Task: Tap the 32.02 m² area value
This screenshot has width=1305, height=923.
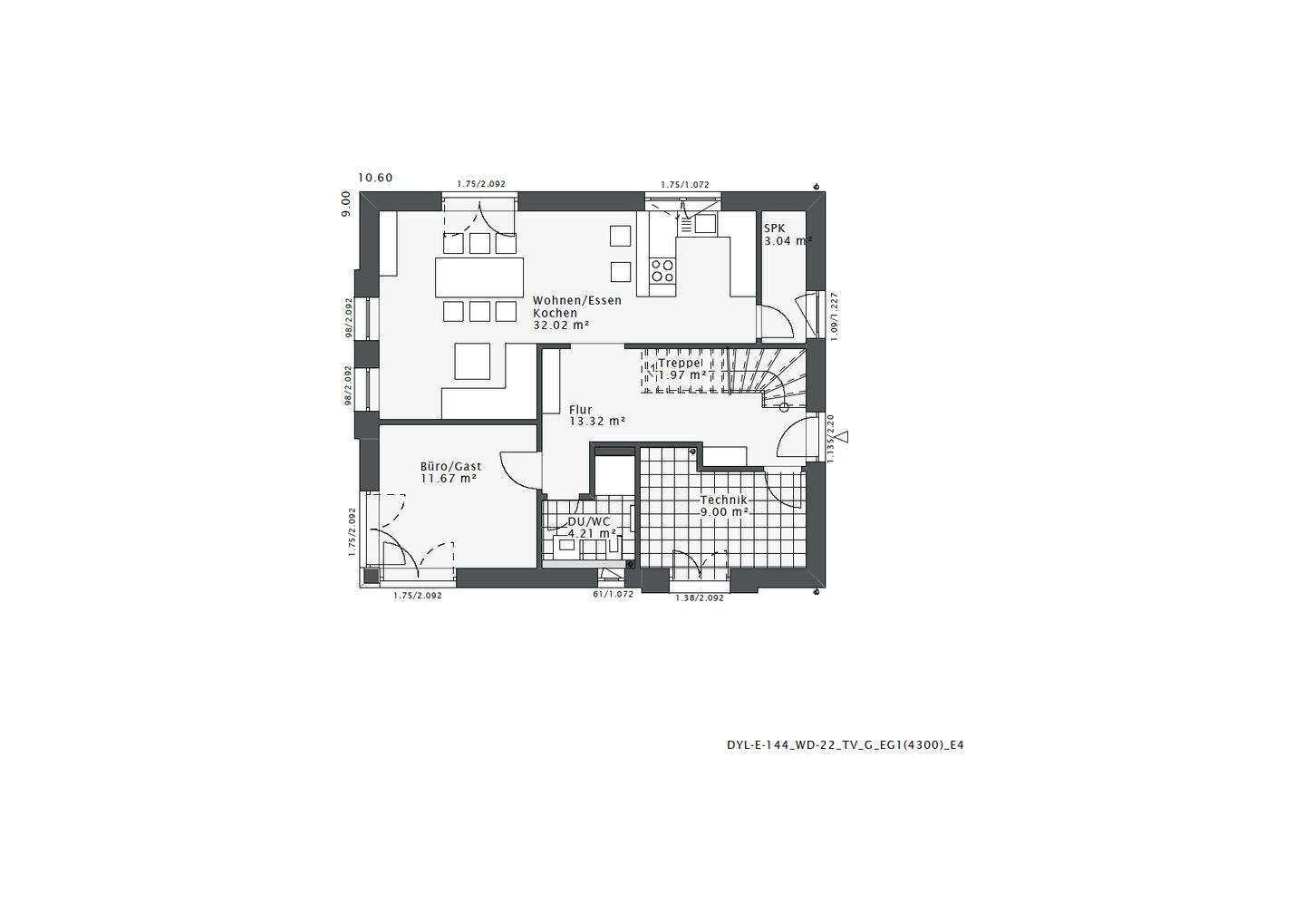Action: tap(561, 325)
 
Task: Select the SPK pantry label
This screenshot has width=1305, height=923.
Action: tap(774, 228)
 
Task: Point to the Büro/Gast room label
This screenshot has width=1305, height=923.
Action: tap(450, 466)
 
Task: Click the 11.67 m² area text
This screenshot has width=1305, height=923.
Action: tap(448, 479)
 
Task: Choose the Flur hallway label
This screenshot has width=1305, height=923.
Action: tap(580, 410)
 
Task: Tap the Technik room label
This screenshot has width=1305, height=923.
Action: tap(723, 500)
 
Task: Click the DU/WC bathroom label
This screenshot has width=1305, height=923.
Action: tap(589, 522)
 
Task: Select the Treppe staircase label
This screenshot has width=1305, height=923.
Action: tap(680, 363)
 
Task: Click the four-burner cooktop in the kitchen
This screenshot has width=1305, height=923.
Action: tap(662, 269)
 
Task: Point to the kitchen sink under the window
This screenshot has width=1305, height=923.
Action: tap(699, 222)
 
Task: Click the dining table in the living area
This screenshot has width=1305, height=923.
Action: tap(479, 277)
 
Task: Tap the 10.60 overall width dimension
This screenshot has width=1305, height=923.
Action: tap(375, 178)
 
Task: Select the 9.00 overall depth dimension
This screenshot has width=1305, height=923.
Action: tap(346, 203)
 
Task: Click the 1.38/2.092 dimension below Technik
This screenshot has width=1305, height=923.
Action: tap(700, 598)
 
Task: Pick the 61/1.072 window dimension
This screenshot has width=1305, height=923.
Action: tap(613, 595)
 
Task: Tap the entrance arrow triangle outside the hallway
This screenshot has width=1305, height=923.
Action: tap(844, 438)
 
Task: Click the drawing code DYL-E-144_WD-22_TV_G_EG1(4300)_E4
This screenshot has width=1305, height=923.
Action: tap(845, 745)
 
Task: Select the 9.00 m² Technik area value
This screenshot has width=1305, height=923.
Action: tap(723, 512)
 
